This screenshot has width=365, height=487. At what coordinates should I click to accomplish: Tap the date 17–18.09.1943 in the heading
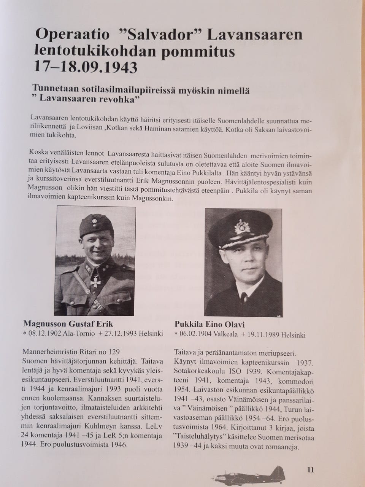pyautogui.click(x=86, y=67)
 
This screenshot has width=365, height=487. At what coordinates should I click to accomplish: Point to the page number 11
pyautogui.click(x=310, y=469)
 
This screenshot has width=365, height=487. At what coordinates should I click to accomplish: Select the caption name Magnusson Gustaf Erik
pyautogui.click(x=68, y=324)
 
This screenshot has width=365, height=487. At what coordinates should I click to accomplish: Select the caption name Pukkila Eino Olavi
pyautogui.click(x=209, y=324)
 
